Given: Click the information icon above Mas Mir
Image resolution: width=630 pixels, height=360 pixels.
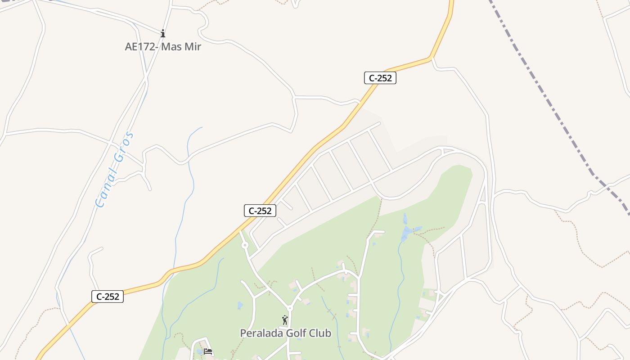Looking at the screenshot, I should tap(163, 33).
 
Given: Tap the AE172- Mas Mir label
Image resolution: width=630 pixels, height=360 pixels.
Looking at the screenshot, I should tap(163, 46).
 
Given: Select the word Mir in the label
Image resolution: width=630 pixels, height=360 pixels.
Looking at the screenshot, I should tap(192, 46).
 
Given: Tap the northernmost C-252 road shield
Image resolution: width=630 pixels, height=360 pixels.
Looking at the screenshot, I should tap(380, 78).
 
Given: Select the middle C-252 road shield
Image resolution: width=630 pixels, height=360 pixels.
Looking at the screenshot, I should tap(260, 210).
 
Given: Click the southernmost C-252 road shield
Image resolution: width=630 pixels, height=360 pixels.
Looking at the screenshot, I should tap(108, 296).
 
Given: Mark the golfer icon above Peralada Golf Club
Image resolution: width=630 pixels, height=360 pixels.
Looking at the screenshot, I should tap(285, 320).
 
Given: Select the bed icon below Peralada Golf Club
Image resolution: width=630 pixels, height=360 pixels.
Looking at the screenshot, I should tap(208, 351).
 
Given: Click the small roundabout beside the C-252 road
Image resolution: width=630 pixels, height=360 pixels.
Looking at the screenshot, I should tap(245, 245).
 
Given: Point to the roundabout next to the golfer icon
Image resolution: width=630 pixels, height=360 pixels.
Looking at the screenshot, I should tap(290, 308).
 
